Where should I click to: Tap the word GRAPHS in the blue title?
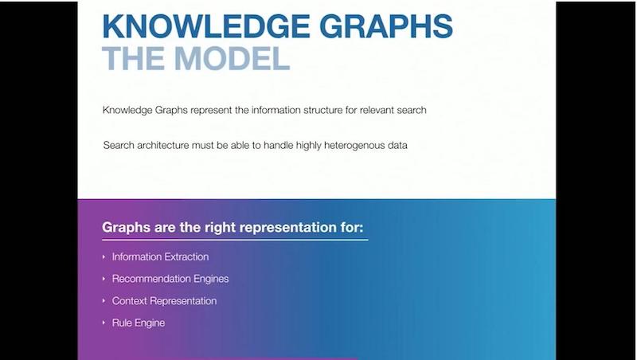386,26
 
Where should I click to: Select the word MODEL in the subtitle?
232,58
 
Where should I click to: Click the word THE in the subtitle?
134,58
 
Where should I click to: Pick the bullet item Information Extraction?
161,256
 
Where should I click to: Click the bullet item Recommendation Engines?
170,279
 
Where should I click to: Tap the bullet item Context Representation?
164,301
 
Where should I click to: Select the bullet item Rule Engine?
139,323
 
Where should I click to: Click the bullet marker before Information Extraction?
104,256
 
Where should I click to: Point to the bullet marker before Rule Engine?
104,323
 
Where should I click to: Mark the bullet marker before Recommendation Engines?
104,279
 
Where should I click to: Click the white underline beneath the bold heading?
235,240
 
